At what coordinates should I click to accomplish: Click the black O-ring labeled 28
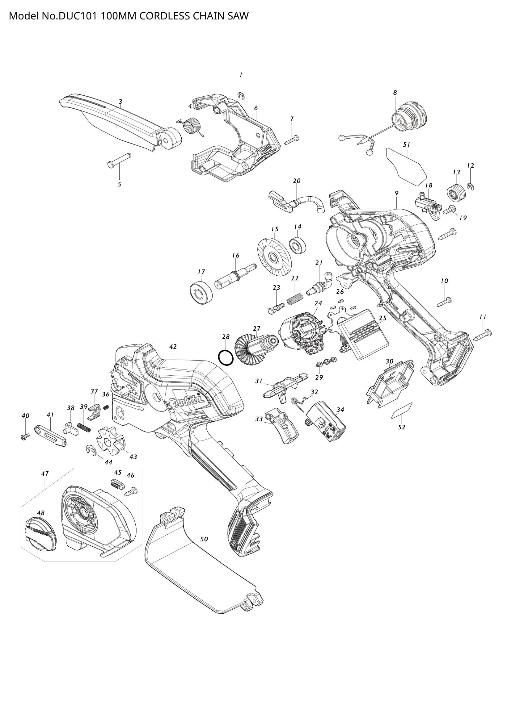[226, 357]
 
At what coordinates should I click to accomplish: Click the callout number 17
[201, 272]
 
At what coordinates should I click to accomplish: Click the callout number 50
[204, 539]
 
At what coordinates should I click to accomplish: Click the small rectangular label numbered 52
[402, 410]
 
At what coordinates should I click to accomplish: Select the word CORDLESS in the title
[164, 16]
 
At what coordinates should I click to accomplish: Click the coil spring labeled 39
[84, 427]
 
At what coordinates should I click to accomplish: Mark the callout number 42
[173, 347]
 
